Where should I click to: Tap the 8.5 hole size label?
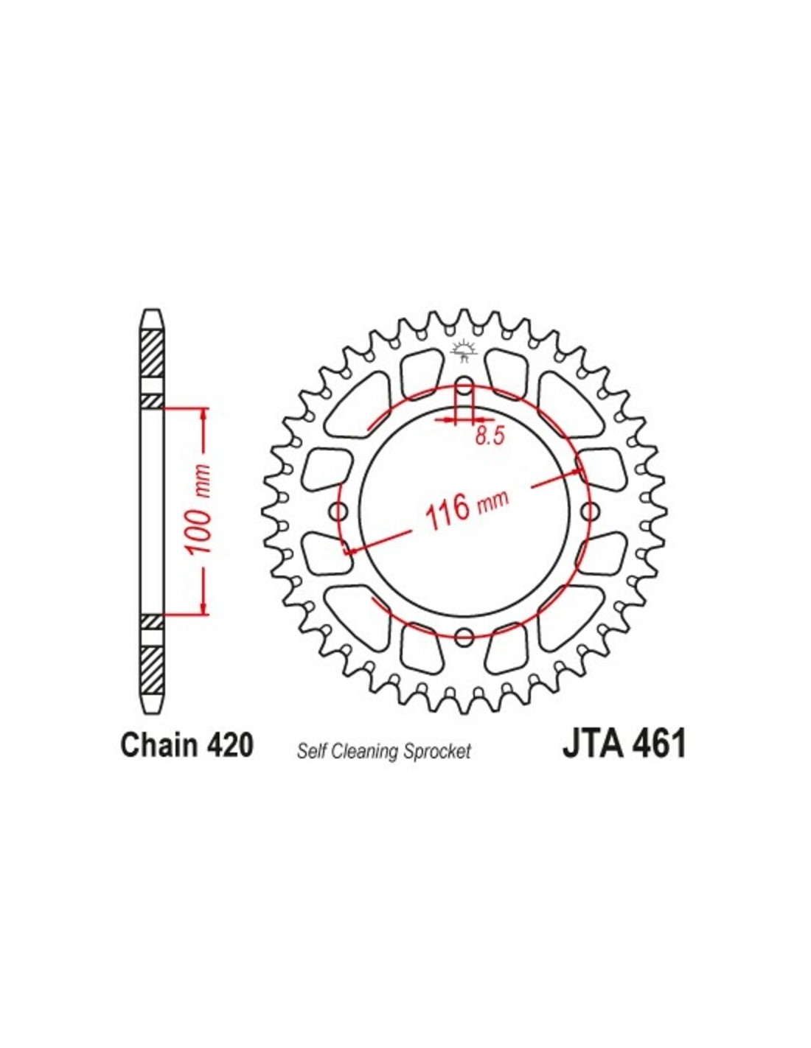[x=490, y=436]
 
